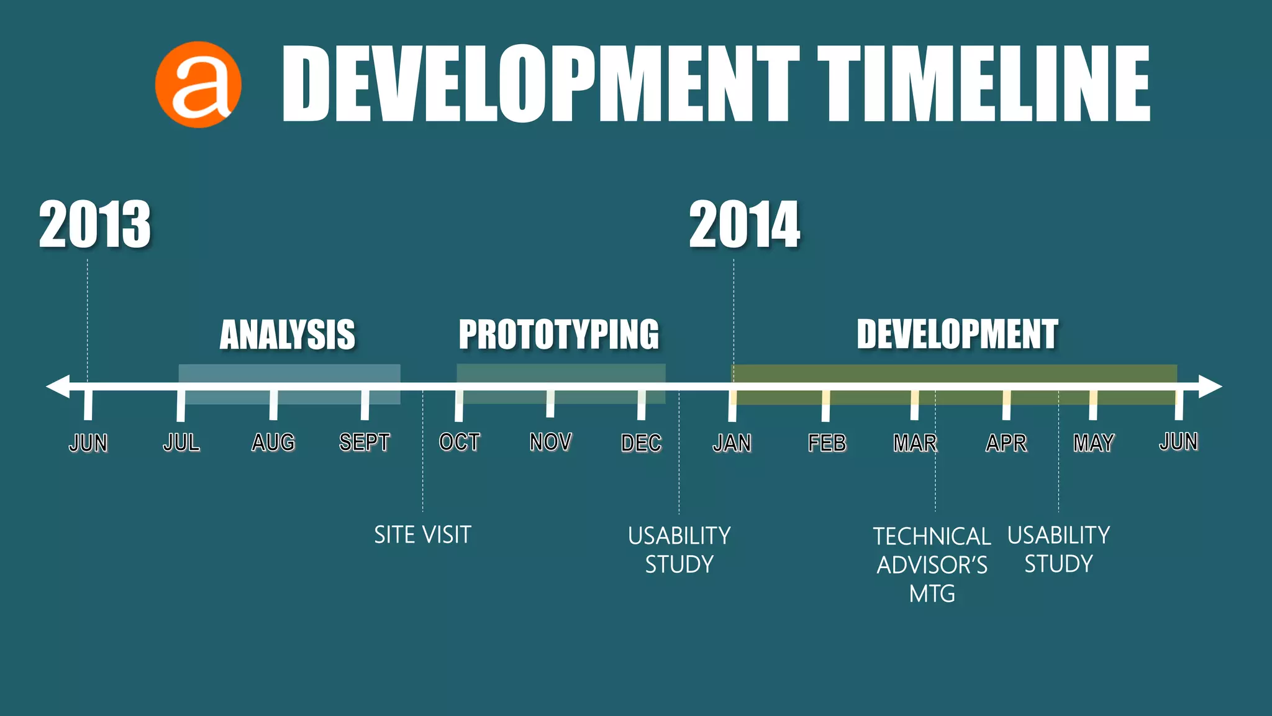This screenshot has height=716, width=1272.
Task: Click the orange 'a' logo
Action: coord(198,85)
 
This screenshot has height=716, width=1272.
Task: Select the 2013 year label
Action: coord(95,225)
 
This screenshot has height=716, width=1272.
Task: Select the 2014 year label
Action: coord(745,225)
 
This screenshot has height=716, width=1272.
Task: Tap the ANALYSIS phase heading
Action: coord(288,335)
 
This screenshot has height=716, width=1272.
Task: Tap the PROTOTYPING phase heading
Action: coord(559,335)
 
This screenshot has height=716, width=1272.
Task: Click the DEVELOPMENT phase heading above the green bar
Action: coord(957,335)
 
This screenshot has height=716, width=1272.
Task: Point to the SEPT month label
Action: coord(365,443)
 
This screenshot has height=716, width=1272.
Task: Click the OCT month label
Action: coord(460,443)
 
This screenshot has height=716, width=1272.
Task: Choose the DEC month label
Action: coord(642,443)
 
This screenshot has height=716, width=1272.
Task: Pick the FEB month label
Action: coord(827,443)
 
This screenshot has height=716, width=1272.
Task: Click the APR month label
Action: coord(1006,443)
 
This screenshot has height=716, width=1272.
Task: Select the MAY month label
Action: coord(1094,443)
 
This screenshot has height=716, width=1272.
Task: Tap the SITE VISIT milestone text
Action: coord(422,535)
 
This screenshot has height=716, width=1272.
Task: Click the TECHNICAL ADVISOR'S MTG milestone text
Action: coord(932,565)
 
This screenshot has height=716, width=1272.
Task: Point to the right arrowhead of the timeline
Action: coord(1210,387)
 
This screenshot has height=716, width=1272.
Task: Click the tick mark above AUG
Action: coord(273,405)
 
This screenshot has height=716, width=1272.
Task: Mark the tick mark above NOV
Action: coord(550,404)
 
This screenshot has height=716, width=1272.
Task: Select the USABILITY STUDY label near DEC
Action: coord(679,550)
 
